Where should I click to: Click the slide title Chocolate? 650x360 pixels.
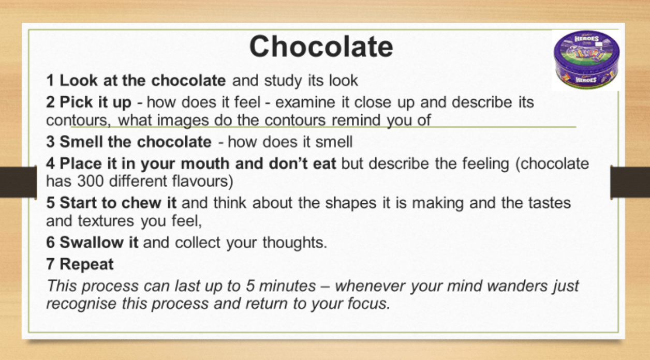tap(321, 47)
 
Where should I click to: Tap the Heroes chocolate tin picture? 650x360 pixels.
tap(586, 60)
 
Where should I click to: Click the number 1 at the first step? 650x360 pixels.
tap(50, 80)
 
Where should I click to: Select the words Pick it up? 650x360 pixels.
tap(95, 102)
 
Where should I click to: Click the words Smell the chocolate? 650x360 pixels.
tap(136, 142)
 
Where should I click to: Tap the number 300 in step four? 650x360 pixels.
tap(90, 181)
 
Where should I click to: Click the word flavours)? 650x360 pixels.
tap(202, 182)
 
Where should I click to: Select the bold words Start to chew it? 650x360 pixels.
tap(118, 202)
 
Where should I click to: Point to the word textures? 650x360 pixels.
tap(106, 221)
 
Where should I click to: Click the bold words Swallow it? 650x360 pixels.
tap(99, 243)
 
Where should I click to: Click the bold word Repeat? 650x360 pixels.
tap(86, 264)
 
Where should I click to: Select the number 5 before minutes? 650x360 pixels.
tap(250, 286)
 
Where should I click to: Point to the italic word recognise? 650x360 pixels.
tap(82, 304)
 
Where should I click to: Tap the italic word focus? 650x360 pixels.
tap(366, 304)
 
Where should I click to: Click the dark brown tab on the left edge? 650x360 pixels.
tap(18, 182)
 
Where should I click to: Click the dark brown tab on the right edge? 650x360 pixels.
tap(630, 182)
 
